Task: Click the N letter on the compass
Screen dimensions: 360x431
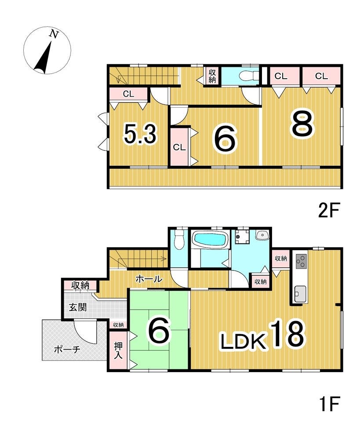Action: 54,34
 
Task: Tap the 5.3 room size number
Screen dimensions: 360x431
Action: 140,134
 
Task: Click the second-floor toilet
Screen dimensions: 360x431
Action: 249,75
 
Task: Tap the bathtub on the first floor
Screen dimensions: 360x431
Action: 211,238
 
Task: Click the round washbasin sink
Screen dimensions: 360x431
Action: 262,235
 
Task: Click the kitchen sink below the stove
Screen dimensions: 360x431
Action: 300,294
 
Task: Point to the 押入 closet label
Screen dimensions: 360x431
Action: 119,351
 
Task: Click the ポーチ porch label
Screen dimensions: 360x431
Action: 67,350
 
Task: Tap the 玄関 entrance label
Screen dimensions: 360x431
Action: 78,307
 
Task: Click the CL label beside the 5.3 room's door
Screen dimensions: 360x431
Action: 128,94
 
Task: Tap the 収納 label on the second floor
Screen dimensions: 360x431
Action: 212,76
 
